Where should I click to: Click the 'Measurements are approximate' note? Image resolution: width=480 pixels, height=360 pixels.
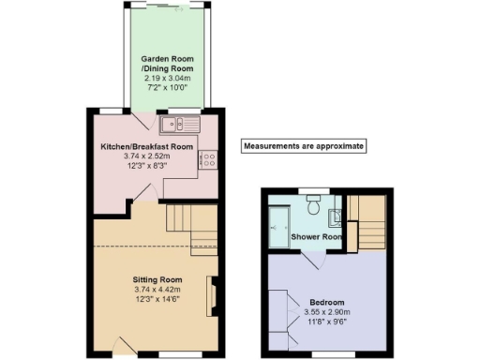click(303, 146)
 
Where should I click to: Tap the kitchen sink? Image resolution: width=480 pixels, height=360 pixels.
click(175, 124)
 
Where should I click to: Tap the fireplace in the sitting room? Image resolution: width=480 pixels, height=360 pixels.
click(211, 298)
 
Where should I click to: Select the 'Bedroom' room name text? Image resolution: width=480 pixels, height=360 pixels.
click(325, 302)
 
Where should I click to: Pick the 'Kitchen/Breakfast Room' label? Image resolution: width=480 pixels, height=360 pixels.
click(147, 147)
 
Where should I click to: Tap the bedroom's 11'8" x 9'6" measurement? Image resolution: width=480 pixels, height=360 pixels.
click(325, 322)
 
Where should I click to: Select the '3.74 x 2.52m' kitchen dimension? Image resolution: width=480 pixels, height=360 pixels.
click(147, 157)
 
